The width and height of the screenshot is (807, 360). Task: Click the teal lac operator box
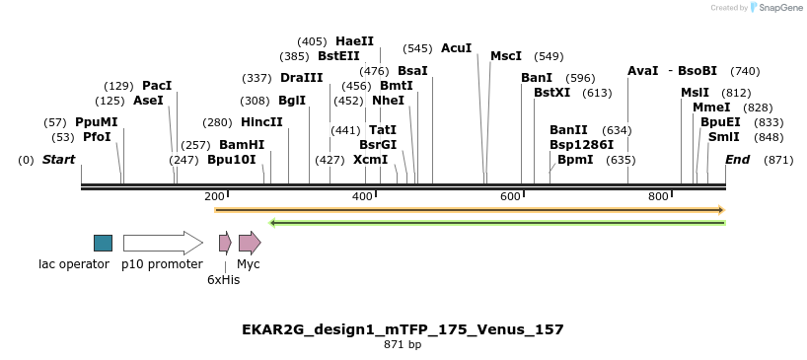coord(103,243)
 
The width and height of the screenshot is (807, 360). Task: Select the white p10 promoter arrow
coord(162,243)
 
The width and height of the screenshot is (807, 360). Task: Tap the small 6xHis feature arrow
coord(225,243)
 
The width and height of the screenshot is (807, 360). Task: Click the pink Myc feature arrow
coord(250,243)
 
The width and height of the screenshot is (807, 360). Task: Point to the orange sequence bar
coord(470,210)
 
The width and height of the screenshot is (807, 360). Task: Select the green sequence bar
coord(497,223)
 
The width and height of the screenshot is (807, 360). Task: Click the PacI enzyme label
coord(157,86)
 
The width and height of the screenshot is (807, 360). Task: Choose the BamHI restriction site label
coord(242,144)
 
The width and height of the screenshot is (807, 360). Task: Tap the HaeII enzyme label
coord(355,41)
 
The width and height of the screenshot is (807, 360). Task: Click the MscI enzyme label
coord(506,56)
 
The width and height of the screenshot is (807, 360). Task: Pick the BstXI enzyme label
coord(552,93)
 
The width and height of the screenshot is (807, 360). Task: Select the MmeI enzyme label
coord(711,108)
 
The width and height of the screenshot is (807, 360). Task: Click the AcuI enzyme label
coord(457,48)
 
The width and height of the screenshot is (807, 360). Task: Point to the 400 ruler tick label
coord(362,197)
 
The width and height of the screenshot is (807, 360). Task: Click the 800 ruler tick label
coord(658,197)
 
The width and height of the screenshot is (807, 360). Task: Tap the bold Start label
coord(58,160)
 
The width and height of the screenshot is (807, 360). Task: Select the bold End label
coord(738,160)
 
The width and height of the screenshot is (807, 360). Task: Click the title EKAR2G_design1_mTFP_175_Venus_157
coord(403,329)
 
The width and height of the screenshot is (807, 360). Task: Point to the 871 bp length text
coord(403,345)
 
